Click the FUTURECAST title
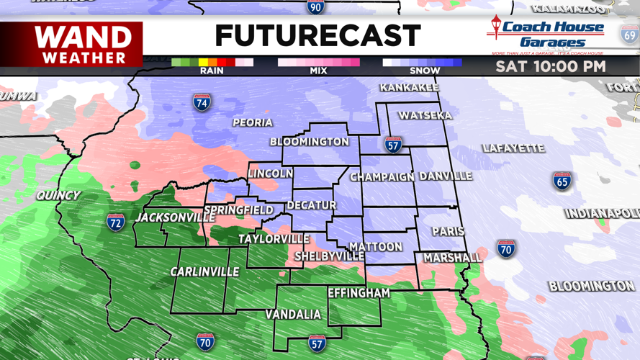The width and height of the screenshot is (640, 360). pos(317,35)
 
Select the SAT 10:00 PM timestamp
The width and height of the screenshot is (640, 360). pos(550,66)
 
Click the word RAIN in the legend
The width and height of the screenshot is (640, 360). pos(212,71)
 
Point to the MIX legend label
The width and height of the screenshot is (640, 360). pos(317,71)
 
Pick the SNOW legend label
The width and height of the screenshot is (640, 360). pos(424,71)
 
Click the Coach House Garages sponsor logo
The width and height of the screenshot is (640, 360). pos(547,35)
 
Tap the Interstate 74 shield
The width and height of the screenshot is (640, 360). pos(202,102)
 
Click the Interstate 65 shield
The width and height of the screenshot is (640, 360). pos(562,181)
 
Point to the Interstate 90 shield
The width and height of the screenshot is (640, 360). pos(315,7)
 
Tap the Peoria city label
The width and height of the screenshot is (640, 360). pos(252,122)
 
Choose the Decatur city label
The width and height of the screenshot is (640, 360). pos(311,205)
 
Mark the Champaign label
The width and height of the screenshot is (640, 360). pos(382,176)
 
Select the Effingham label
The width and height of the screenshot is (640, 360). pos(359,293)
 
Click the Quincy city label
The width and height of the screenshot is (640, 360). pos(58,195)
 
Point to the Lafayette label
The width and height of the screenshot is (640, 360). pos(513,148)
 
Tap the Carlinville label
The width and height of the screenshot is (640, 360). pos(204,271)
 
